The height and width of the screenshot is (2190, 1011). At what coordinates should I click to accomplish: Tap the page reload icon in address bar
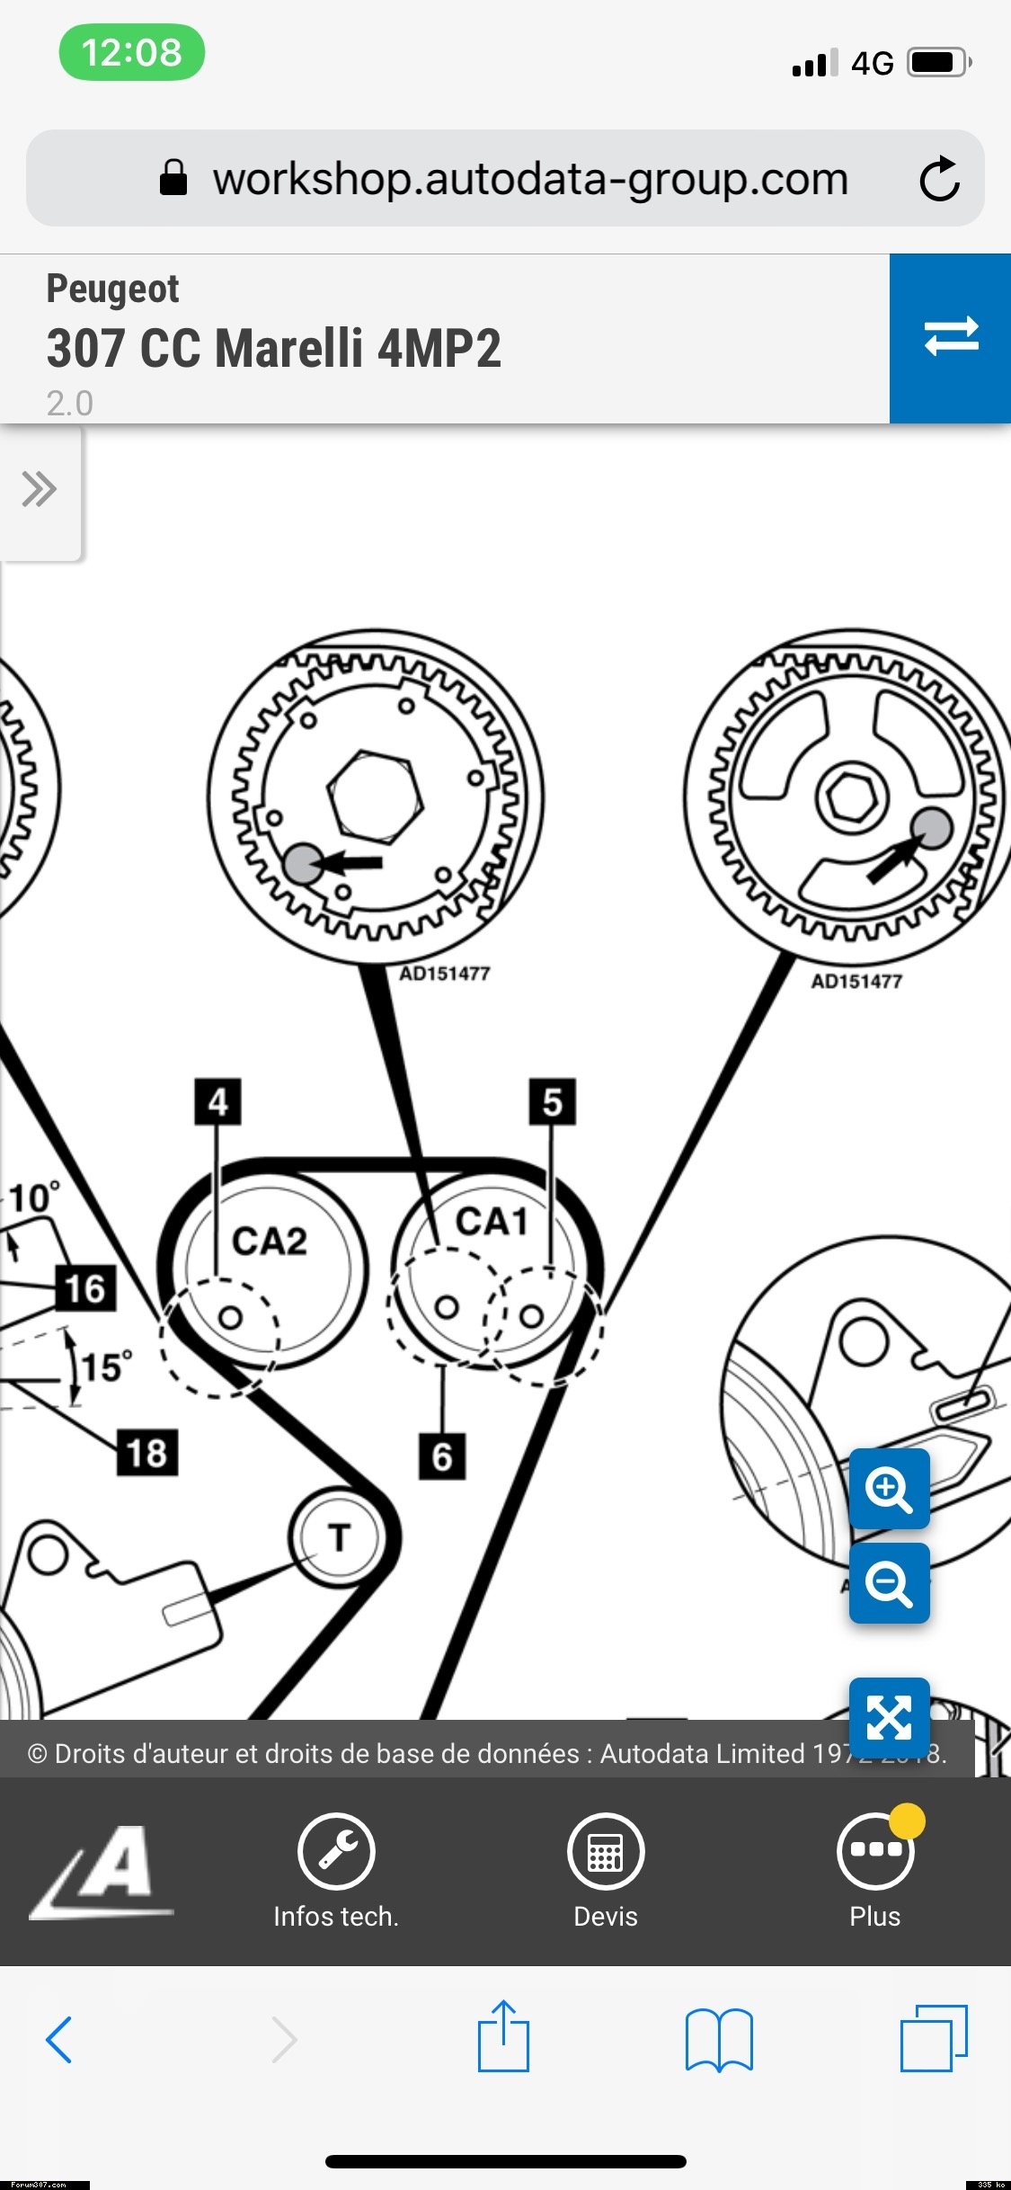tap(939, 178)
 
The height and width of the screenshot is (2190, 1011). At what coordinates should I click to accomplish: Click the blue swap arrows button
tap(951, 337)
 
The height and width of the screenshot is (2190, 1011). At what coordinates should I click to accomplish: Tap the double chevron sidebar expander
tap(40, 490)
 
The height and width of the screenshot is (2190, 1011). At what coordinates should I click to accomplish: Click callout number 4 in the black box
tap(217, 1102)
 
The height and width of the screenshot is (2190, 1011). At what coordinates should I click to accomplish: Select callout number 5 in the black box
tap(552, 1102)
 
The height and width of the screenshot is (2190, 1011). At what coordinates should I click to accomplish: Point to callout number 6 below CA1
tap(442, 1456)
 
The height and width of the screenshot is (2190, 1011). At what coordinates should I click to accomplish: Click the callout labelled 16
tap(85, 1288)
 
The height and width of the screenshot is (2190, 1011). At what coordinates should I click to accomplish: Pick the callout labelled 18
tap(147, 1453)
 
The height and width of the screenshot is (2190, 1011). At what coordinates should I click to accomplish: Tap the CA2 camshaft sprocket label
tap(270, 1242)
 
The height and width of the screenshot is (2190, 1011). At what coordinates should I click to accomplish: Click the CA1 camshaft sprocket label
tap(491, 1222)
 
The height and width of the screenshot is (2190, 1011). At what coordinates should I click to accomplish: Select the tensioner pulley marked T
tap(338, 1537)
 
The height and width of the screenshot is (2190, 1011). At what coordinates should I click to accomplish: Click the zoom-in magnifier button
tap(889, 1488)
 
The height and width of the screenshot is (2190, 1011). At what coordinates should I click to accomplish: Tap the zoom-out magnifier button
tap(889, 1582)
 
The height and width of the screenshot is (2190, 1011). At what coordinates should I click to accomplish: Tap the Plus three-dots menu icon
tap(874, 1850)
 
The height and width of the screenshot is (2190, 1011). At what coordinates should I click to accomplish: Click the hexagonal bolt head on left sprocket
tap(375, 797)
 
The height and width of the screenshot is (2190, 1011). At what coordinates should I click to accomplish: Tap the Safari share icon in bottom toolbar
tap(503, 2037)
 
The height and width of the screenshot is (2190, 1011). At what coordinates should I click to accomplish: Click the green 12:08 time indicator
tap(132, 52)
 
